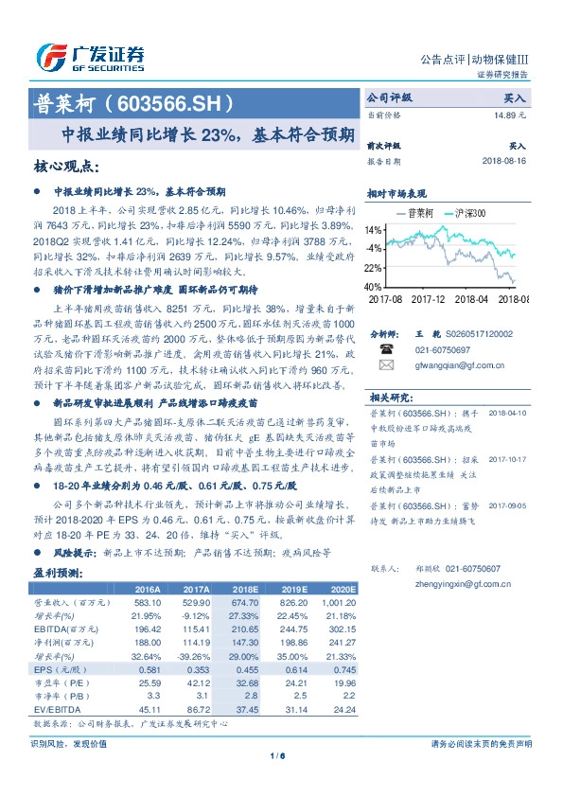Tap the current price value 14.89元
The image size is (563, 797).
[x=510, y=115]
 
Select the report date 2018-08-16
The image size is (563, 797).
[x=504, y=161]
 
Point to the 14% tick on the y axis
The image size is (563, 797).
[x=375, y=230]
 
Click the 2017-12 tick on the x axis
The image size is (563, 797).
[x=430, y=298]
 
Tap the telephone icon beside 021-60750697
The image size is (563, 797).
[x=387, y=349]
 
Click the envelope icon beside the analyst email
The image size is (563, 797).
[x=387, y=363]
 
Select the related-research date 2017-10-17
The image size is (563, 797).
[x=508, y=434]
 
